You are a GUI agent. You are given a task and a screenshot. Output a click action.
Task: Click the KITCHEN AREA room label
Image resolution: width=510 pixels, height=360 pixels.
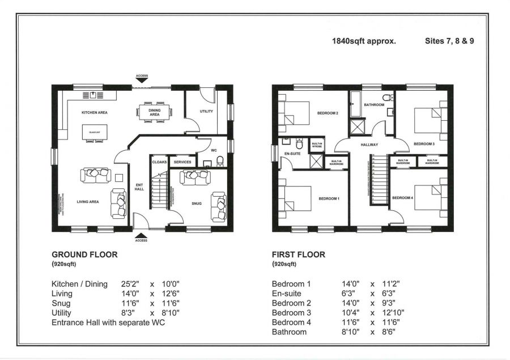[95, 112]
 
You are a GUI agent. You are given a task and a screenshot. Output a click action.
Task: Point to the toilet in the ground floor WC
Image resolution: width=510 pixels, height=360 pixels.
[220, 161]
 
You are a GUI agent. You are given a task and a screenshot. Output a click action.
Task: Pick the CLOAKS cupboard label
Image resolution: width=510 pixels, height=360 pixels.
[159, 162]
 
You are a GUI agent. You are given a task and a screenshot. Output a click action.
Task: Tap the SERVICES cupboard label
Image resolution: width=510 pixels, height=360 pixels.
[182, 162]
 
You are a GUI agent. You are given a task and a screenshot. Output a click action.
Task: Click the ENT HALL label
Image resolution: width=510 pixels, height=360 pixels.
[139, 187]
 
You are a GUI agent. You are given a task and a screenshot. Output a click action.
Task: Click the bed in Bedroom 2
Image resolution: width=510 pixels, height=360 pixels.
[295, 113]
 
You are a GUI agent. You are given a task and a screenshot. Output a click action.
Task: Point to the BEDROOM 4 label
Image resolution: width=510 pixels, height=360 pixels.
[402, 197]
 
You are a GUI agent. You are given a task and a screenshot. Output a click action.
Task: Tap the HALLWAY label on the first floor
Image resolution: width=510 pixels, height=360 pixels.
[369, 145]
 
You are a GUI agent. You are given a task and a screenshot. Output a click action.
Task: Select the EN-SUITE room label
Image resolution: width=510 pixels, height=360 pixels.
[292, 154]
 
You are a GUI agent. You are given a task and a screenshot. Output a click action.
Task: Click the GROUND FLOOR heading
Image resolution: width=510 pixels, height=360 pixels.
[84, 255]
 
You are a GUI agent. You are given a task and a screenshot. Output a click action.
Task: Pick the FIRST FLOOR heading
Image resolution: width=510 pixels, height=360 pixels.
[299, 255]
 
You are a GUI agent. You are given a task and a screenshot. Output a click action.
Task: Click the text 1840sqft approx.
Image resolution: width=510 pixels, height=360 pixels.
[364, 41]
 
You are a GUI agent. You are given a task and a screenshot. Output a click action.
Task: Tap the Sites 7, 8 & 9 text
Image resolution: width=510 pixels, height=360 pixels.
[449, 41]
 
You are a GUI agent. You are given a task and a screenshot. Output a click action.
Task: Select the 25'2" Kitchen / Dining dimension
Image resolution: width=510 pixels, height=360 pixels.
[130, 284]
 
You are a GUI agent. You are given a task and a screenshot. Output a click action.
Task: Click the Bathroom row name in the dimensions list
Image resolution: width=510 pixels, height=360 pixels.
[290, 332]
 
